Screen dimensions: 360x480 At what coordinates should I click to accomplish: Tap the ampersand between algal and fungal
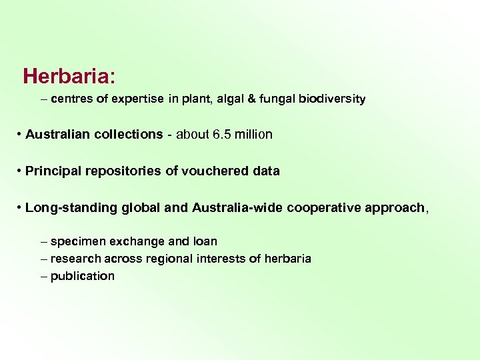coord(248,99)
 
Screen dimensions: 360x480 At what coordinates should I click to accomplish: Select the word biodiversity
coord(332,99)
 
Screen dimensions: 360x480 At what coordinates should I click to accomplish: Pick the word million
coord(253,134)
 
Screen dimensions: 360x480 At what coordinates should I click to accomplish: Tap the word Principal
coord(50,171)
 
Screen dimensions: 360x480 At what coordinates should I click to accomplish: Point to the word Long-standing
coord(72,207)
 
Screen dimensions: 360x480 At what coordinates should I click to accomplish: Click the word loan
coord(205,241)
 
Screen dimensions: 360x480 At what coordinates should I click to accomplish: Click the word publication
coord(83,276)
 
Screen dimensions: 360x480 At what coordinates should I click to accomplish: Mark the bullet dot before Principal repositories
coord(19,171)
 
